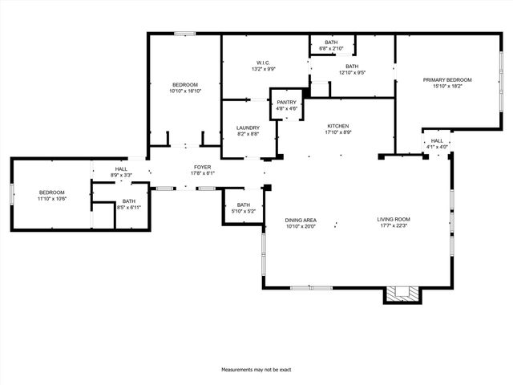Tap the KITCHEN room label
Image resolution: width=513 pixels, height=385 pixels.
[x=337, y=127]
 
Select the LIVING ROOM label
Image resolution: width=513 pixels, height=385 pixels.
[x=394, y=219]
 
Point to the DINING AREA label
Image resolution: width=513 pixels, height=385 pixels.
[x=301, y=219]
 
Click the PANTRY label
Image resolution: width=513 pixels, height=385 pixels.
[x=287, y=103]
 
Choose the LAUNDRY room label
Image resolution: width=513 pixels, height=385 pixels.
[x=248, y=128]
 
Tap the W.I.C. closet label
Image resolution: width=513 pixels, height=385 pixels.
[x=263, y=63]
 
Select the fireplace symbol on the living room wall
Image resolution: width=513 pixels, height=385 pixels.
[x=402, y=294]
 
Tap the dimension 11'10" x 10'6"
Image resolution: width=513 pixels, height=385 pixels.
[x=52, y=198]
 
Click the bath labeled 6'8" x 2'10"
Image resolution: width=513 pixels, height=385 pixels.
[x=331, y=45]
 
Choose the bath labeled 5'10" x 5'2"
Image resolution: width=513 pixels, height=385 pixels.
[x=244, y=208]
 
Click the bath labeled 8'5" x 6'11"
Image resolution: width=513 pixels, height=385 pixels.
[x=129, y=205]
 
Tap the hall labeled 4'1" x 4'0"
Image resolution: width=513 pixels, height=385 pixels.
[x=437, y=144]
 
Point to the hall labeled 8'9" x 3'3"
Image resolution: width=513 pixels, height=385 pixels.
[x=121, y=172]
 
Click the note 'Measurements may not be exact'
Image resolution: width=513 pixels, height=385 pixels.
[x=256, y=370]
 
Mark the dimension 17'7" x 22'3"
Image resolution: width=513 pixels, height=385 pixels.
[x=394, y=225]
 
